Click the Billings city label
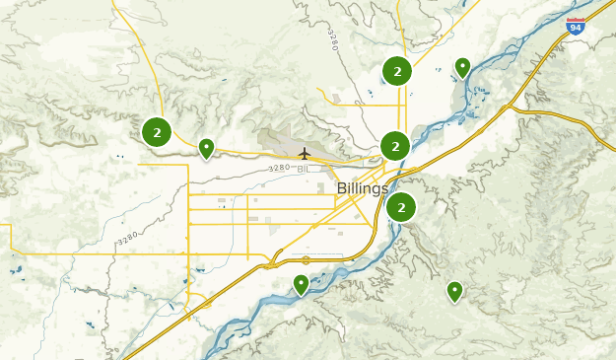[363, 188]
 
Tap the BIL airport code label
[303, 169]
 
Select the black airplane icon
[305, 153]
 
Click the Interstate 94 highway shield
[576, 27]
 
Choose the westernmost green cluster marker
[157, 132]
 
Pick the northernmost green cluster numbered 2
[396, 71]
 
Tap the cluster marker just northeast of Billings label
[395, 146]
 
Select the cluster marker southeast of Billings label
[401, 207]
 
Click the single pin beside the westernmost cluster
[207, 148]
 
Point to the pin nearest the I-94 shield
[462, 67]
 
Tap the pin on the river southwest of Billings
[301, 284]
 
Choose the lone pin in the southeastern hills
[454, 290]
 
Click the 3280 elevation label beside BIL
[280, 169]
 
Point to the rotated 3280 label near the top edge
[332, 40]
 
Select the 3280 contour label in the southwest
[128, 239]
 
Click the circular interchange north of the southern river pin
[306, 260]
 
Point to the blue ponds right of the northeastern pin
[480, 95]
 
